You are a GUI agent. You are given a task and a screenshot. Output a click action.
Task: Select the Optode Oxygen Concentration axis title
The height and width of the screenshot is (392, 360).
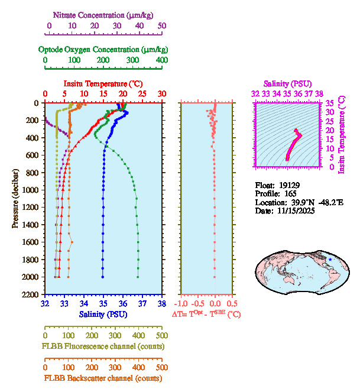click(x=103, y=49)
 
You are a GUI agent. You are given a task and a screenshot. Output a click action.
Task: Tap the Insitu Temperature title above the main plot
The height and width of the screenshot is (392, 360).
click(x=103, y=84)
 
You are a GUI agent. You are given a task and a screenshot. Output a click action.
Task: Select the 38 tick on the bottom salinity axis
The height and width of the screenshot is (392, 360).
click(x=161, y=304)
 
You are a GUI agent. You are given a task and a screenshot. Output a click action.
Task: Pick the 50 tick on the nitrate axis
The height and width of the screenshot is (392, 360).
click(x=162, y=26)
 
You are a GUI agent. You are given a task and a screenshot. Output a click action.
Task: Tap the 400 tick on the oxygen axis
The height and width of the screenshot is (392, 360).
click(x=162, y=60)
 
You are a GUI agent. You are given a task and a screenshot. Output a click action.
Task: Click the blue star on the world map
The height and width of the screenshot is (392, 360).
click(x=330, y=260)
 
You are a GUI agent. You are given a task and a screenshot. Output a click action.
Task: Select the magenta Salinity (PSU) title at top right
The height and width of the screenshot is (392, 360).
click(x=287, y=84)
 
